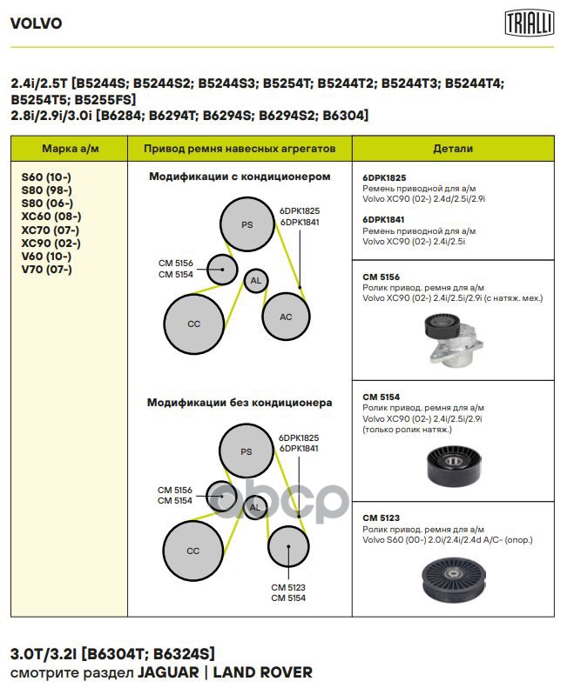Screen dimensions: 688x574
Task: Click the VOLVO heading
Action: [36, 23]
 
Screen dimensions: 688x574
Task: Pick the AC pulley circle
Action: [286, 317]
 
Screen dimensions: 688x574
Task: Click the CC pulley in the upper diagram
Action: [193, 324]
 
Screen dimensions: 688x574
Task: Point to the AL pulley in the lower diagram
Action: [255, 507]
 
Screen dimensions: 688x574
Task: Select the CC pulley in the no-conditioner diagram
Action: [193, 551]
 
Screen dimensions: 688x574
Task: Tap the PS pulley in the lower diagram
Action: [246, 451]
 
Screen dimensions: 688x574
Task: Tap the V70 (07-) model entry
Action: [46, 269]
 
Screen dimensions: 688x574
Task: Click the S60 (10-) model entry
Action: [46, 177]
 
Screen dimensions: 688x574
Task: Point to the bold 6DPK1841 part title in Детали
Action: [384, 220]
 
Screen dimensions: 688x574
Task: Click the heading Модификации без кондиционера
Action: [240, 403]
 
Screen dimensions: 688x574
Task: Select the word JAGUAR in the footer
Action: [165, 672]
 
